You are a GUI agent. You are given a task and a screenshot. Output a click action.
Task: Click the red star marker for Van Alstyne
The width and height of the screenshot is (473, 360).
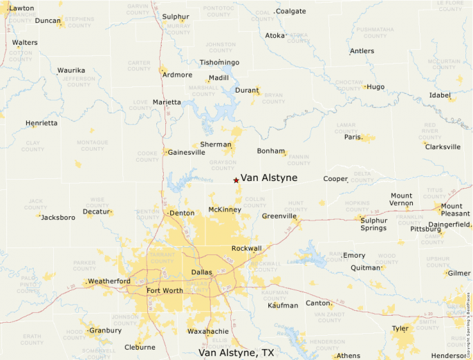pos(236,180)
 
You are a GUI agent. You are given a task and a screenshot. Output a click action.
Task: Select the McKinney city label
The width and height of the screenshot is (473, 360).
pos(224,209)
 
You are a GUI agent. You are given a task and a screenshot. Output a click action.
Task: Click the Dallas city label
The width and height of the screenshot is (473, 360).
pos(202,272)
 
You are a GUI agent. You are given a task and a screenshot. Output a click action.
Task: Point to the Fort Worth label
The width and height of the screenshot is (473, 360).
pos(165,291)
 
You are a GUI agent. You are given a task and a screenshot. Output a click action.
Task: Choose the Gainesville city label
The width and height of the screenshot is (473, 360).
pos(186,152)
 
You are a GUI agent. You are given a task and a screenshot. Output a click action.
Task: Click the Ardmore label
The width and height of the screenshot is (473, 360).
pos(177,75)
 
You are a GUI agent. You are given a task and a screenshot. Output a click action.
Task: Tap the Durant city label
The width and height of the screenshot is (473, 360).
pos(247,91)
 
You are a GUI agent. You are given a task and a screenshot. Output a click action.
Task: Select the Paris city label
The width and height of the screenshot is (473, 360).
pos(353,137)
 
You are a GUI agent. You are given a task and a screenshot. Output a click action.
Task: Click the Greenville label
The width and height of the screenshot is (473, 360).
pos(279,216)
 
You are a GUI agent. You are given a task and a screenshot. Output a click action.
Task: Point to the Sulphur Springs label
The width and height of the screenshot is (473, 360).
pos(373,223)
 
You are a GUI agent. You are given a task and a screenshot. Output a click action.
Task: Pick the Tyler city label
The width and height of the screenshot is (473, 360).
pos(400,328)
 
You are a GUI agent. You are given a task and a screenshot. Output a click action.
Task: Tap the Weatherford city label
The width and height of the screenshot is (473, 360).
pos(109,281)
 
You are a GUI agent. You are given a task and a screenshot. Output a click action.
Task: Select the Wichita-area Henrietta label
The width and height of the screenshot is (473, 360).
pos(41,123)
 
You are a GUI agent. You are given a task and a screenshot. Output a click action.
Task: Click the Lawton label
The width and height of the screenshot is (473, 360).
pos(21,8)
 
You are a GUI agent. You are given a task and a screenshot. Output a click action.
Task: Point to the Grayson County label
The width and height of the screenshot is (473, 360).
pos(223,165)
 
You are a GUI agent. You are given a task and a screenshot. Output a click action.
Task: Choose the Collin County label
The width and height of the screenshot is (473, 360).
pos(255,202)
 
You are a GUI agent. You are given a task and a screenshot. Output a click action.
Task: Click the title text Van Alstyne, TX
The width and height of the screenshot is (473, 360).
pos(236,353)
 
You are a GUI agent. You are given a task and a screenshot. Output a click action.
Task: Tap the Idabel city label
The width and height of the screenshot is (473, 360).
pos(440,95)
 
